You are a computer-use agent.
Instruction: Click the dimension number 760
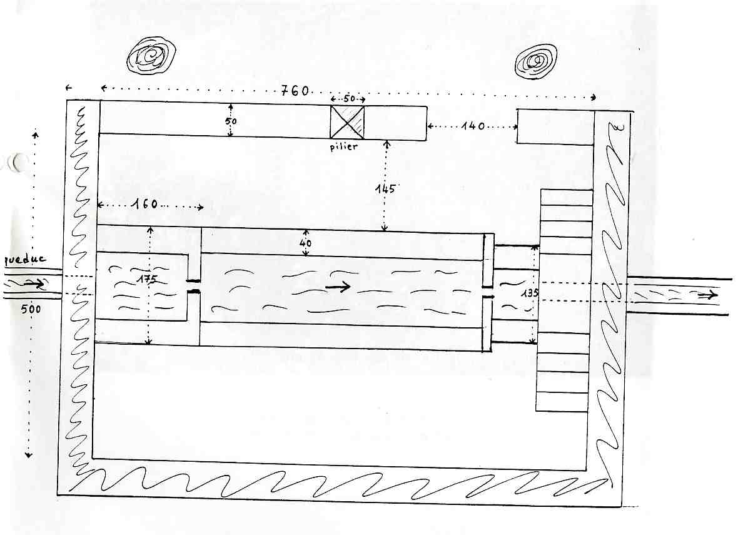pos(295,90)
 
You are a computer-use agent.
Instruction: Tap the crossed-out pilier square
pos(347,122)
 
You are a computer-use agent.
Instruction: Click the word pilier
pos(343,146)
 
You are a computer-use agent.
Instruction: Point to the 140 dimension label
pos(473,126)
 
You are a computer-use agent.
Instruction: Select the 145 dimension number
pos(385,188)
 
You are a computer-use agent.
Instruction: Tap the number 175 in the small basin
pos(146,279)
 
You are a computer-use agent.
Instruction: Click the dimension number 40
pos(305,243)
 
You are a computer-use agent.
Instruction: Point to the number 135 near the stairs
pos(530,293)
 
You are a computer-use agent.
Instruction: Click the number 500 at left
pos(31,308)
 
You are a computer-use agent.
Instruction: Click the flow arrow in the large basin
pos(338,287)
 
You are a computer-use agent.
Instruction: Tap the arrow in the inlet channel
pos(33,283)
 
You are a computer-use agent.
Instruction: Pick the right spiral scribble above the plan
pos(537,61)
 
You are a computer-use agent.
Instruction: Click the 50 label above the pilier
pos(349,98)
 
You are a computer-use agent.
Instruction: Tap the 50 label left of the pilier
pos(231,121)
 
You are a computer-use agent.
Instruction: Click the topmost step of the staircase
pos(566,198)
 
